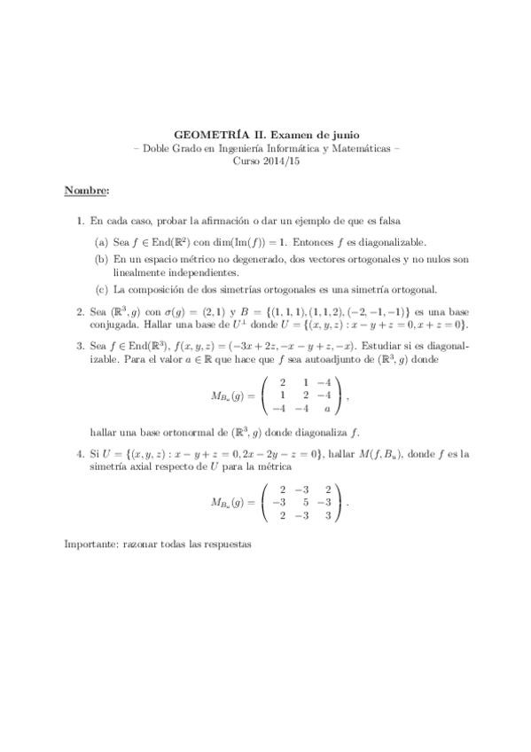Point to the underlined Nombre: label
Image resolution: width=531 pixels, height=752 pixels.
click(87, 191)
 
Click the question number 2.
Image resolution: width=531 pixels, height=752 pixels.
click(81, 311)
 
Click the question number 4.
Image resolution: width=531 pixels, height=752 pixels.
click(81, 453)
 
